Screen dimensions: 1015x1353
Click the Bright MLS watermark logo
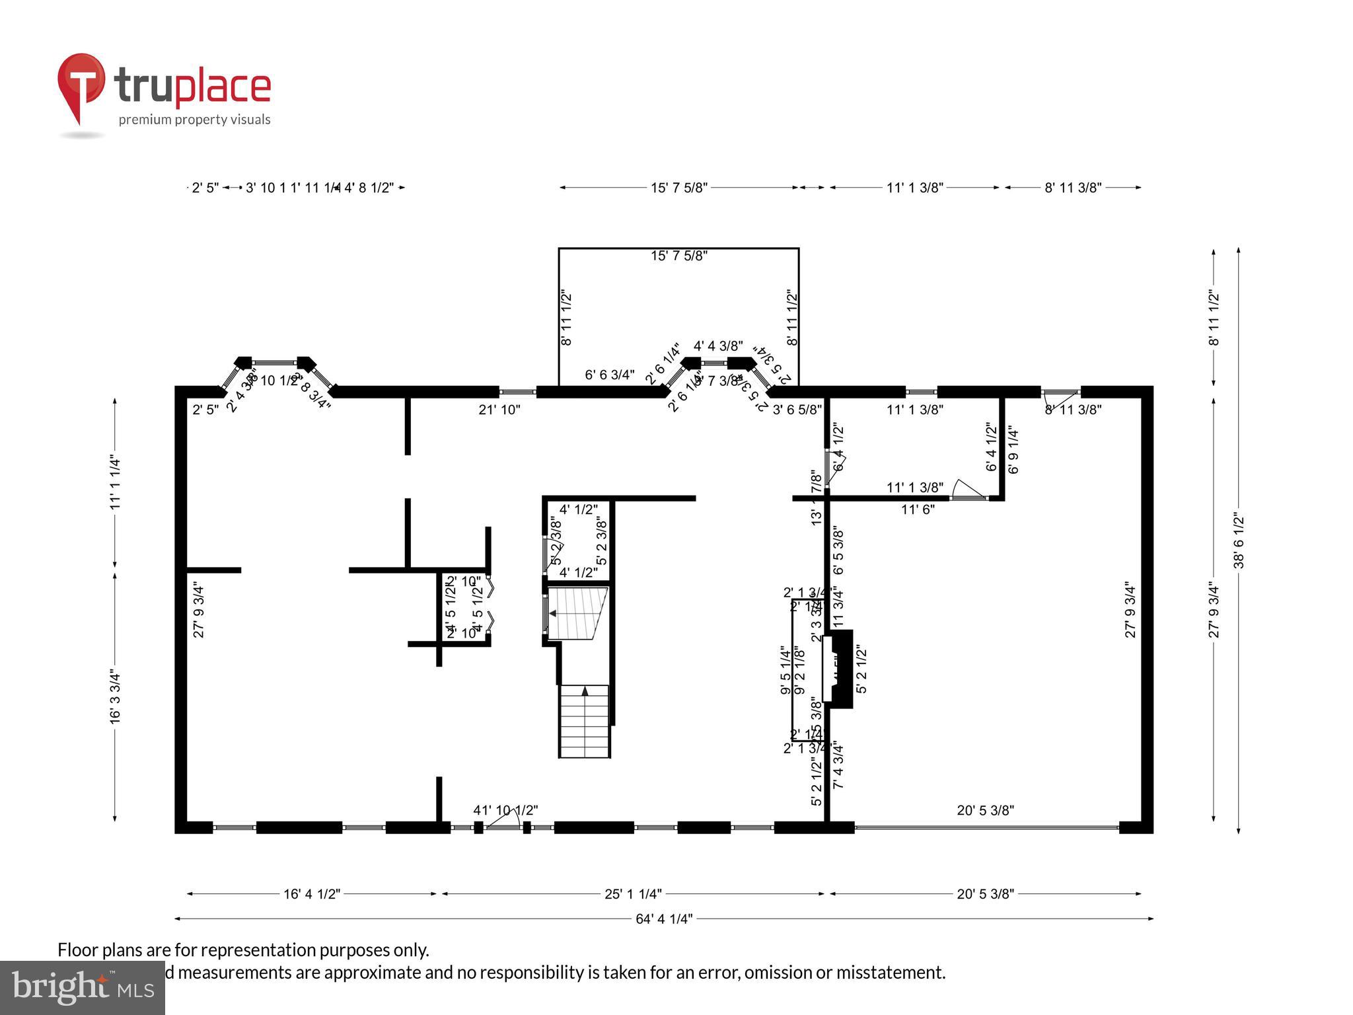pyautogui.click(x=83, y=987)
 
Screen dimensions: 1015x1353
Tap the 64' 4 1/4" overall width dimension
pyautogui.click(x=663, y=919)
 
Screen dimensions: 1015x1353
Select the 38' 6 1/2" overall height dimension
pyautogui.click(x=1239, y=540)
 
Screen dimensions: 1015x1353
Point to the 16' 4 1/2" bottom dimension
pyautogui.click(x=312, y=894)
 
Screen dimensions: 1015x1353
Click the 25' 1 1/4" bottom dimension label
pyautogui.click(x=633, y=894)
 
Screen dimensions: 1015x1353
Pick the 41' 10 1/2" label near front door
pyautogui.click(x=505, y=810)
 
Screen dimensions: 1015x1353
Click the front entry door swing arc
pyautogui.click(x=506, y=818)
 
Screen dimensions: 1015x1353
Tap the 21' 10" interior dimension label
pyautogui.click(x=499, y=410)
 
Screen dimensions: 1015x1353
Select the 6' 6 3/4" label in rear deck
pyautogui.click(x=610, y=375)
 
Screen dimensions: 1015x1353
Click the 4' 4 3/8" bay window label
pyautogui.click(x=718, y=346)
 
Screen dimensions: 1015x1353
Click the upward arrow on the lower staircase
pyautogui.click(x=585, y=692)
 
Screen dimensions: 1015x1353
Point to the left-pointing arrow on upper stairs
pyautogui.click(x=552, y=614)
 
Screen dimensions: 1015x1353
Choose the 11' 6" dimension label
pyautogui.click(x=918, y=509)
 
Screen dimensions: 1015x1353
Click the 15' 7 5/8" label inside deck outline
pyautogui.click(x=679, y=256)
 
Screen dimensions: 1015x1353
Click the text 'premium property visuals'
pyautogui.click(x=194, y=120)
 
